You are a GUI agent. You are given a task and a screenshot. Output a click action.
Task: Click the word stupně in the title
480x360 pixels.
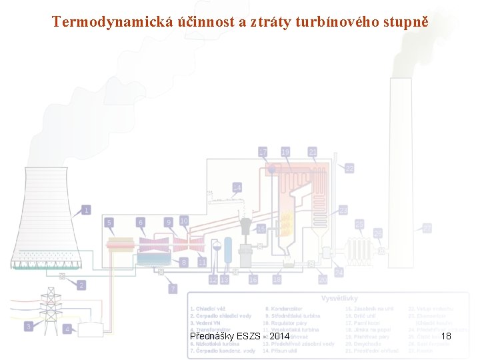pyautogui.click(x=405, y=22)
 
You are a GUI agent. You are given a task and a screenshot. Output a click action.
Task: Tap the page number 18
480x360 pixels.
pyautogui.click(x=446, y=336)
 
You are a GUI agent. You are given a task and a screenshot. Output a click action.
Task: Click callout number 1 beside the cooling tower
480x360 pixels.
pyautogui.click(x=86, y=211)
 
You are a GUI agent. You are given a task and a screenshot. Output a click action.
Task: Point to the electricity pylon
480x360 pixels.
pyautogui.click(x=49, y=305)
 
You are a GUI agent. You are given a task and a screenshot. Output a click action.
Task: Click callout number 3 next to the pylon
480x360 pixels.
pyautogui.click(x=29, y=326)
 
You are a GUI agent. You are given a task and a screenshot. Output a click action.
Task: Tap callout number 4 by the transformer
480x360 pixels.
pyautogui.click(x=67, y=329)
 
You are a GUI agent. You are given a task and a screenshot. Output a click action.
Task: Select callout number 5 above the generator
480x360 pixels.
pyautogui.click(x=109, y=221)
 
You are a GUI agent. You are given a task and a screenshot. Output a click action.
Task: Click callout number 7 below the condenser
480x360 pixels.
pyautogui.click(x=173, y=289)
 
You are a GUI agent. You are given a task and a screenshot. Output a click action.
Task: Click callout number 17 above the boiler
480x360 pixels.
pyautogui.click(x=263, y=152)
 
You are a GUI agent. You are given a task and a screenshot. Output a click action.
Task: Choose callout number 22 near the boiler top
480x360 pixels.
pyautogui.click(x=349, y=169)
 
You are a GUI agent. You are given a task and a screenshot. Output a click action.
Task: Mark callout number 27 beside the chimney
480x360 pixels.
pyautogui.click(x=427, y=228)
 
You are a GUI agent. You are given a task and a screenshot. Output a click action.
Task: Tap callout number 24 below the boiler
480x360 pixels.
pyautogui.click(x=339, y=273)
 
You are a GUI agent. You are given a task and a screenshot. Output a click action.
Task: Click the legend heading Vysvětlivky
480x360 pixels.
pyautogui.click(x=341, y=298)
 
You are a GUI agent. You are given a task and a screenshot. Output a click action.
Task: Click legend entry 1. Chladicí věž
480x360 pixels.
pyautogui.click(x=208, y=309)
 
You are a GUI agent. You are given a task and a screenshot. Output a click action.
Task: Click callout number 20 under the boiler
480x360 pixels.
pyautogui.click(x=322, y=280)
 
